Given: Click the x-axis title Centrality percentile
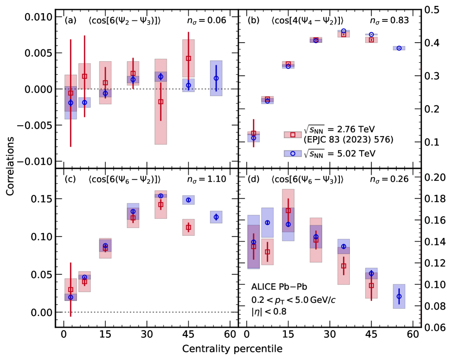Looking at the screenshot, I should pos(232,349).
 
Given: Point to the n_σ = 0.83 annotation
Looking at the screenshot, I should pos(392,20).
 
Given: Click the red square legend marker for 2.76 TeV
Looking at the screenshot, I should pos(293,134).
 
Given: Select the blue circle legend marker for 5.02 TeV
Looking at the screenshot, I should pos(293,154).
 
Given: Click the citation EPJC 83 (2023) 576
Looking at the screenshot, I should pos(342,139).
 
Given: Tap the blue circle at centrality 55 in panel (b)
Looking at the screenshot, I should pos(399,48).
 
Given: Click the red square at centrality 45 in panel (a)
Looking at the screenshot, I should pos(188,58).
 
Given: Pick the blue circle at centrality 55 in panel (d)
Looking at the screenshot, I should pos(399,297).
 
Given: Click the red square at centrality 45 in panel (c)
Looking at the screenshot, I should pos(188,228).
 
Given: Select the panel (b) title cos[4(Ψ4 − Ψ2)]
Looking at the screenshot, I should pos(307,20).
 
